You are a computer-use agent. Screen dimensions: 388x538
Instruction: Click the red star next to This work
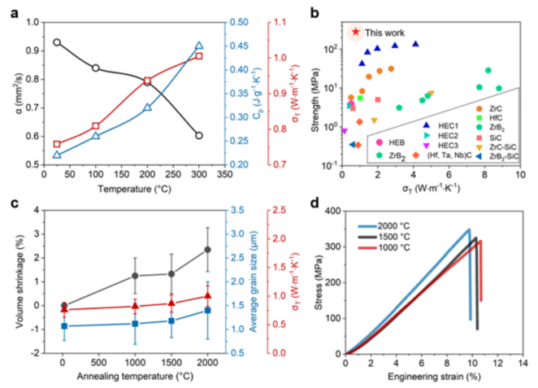(x=354, y=32)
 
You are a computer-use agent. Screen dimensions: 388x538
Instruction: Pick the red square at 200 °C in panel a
(x=148, y=81)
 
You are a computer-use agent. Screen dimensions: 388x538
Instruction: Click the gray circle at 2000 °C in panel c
(x=207, y=250)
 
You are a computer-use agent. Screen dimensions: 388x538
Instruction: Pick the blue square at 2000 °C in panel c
(x=207, y=310)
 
